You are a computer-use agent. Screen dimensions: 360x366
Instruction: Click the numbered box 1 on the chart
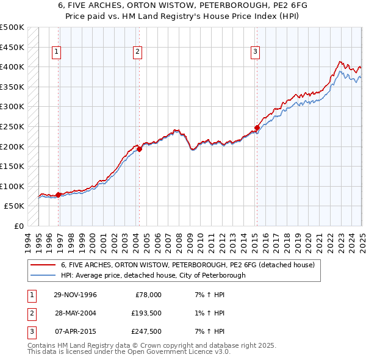56,52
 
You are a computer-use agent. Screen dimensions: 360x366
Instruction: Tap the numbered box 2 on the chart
138,52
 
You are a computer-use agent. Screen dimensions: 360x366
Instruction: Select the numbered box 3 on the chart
255,52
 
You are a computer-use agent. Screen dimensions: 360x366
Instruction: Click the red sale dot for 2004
139,148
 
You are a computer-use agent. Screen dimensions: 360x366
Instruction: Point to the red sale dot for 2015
257,128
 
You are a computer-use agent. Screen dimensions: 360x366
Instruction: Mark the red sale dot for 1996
59,195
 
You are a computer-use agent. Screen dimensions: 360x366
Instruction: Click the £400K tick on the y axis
12,67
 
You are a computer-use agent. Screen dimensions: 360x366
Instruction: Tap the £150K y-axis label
12,166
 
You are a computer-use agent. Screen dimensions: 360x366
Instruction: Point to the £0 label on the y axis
20,226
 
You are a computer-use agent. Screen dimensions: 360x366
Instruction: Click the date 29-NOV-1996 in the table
76,295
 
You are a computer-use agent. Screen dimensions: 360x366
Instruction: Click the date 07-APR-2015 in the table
76,331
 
